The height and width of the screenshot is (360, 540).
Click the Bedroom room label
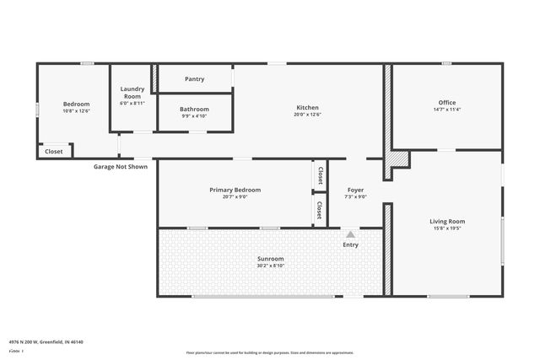76,104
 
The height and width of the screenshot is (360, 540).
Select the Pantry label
194,79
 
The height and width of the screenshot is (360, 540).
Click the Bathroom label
194,109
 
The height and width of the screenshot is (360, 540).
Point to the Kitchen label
307,107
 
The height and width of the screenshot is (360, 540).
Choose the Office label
446,103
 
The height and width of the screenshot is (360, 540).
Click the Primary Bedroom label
235,190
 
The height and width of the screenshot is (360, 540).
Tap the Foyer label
356,190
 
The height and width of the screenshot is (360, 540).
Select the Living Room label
447,221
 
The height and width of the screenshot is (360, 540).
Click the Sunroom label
270,258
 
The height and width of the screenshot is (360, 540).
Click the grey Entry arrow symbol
350,234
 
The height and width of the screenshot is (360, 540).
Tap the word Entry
350,244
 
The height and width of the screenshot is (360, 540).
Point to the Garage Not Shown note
120,166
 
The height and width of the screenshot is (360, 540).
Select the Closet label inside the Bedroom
53,152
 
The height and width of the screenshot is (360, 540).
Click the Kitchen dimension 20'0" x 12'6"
307,114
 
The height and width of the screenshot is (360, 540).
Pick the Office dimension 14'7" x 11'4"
446,109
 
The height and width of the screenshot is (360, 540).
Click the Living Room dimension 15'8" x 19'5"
447,228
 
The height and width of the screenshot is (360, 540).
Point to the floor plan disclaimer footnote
270,352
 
